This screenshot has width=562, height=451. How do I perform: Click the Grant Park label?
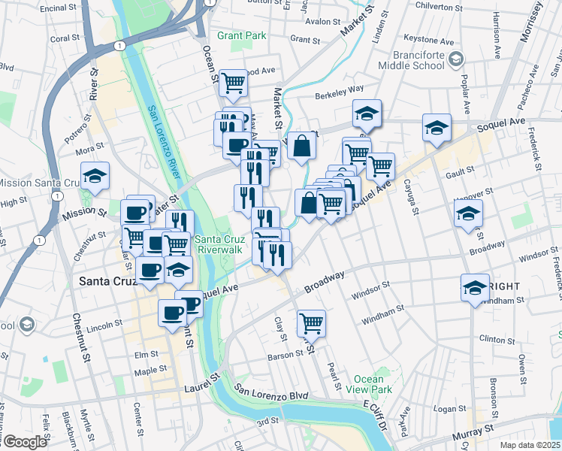tap(242, 35)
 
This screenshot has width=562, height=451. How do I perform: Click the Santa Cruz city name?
tap(107, 282)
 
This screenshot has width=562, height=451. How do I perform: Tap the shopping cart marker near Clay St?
tap(311, 323)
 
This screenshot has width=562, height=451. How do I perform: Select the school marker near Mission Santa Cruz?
tap(95, 176)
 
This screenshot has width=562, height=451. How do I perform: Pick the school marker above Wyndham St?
tap(475, 288)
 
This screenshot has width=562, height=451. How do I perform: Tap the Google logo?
tap(24, 442)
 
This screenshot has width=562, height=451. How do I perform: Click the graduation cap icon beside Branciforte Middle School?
tap(455, 59)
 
